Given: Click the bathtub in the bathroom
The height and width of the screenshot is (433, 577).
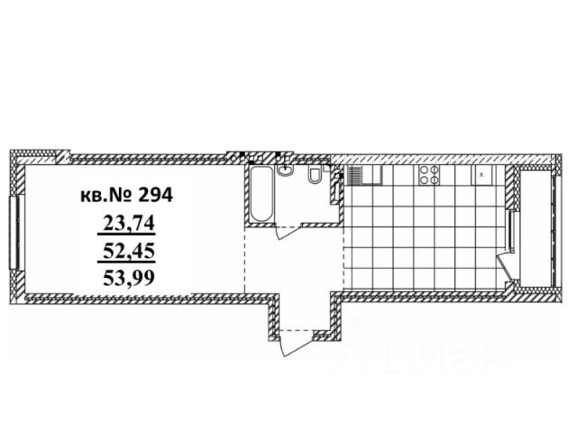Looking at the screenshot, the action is tap(260, 193).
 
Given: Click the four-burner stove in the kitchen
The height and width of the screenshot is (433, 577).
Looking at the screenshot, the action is tap(429, 175).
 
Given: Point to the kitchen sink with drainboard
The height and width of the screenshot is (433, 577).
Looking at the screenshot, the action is tap(366, 174).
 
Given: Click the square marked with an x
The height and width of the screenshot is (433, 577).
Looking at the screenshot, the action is tap(483, 174).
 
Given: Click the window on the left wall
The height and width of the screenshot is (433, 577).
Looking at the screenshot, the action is tap(14, 229).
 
